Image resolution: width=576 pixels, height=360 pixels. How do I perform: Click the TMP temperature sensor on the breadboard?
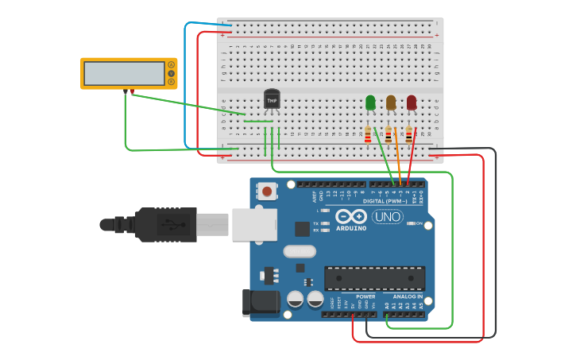(272, 100)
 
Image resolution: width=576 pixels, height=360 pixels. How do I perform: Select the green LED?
(370, 103)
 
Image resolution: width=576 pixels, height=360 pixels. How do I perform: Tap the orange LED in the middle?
(391, 103)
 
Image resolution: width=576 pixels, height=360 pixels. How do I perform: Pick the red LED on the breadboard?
(412, 103)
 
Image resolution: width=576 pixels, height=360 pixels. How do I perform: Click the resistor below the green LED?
(368, 135)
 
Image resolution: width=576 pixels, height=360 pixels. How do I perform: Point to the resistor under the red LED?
(409, 135)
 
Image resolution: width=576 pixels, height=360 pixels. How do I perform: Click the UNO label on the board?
(388, 216)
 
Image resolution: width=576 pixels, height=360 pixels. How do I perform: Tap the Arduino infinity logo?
(350, 216)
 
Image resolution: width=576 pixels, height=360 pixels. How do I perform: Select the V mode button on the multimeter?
(171, 74)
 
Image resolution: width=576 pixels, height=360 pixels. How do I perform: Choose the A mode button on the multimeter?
(171, 65)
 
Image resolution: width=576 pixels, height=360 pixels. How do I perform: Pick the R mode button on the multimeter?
(171, 82)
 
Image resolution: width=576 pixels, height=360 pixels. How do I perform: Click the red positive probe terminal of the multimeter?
(131, 91)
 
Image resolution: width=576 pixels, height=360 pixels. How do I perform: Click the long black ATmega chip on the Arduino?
(374, 278)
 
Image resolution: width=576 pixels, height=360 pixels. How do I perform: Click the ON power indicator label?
(419, 224)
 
